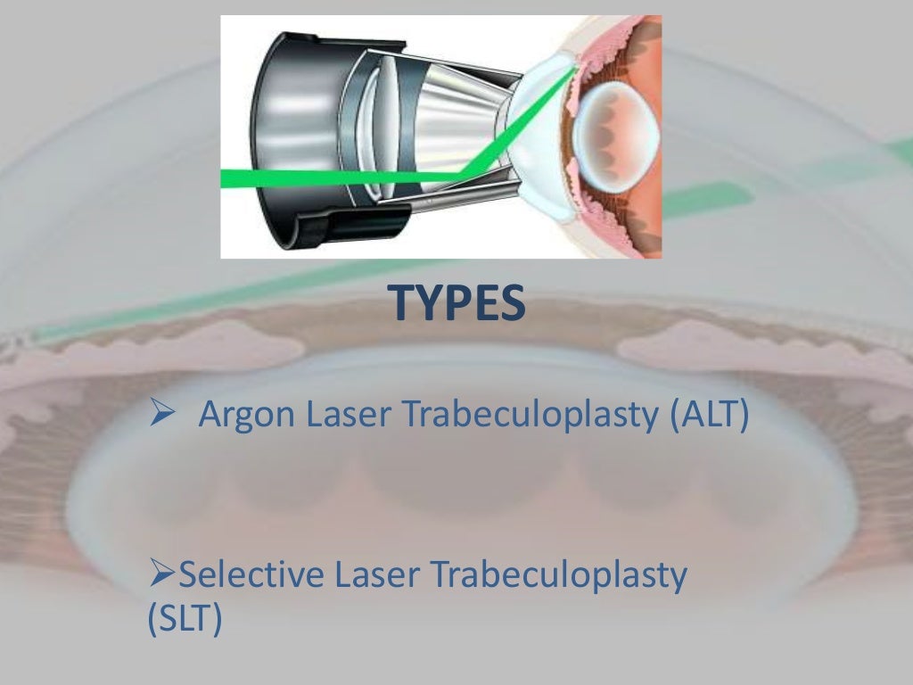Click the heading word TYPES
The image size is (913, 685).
(457, 304)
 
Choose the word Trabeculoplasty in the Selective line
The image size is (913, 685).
(558, 577)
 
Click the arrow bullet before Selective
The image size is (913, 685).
(161, 577)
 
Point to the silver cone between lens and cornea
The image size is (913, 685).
(455, 125)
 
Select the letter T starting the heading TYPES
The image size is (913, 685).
(402, 304)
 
